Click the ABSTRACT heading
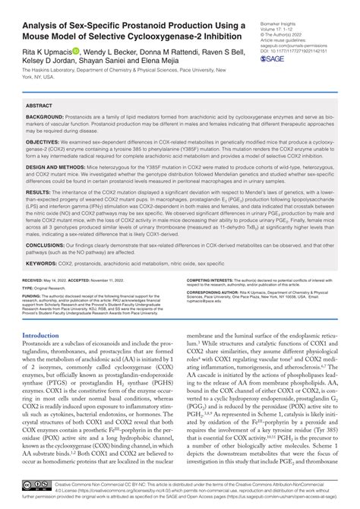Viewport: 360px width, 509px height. click(39, 106)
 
